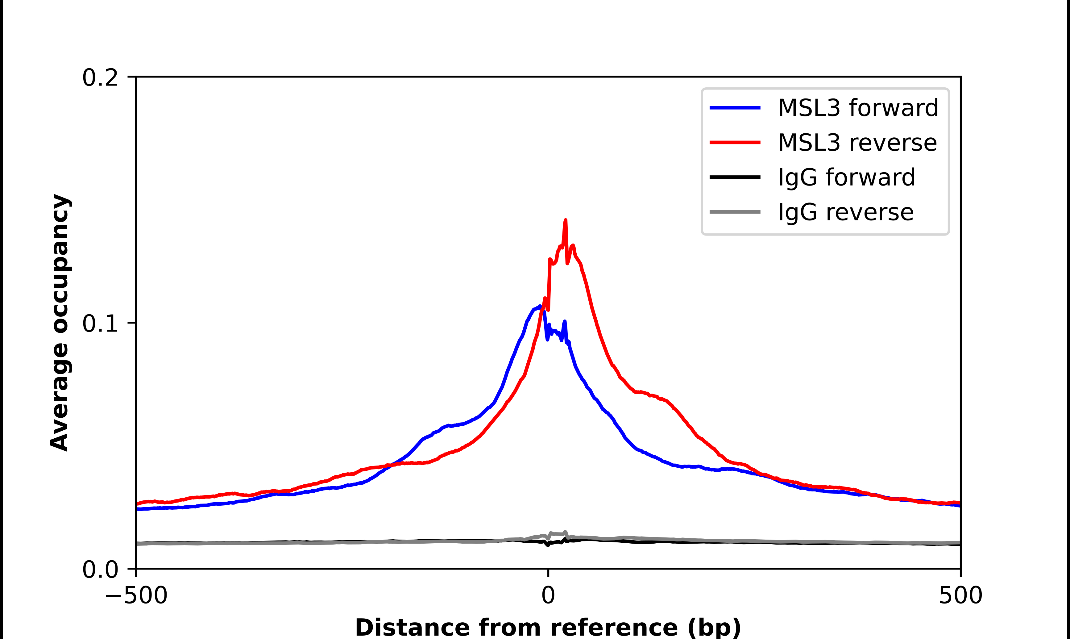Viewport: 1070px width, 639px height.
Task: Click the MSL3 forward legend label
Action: [x=858, y=108]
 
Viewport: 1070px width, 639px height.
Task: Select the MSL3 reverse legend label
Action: [x=857, y=143]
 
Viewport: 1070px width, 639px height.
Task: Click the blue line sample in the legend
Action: [x=735, y=108]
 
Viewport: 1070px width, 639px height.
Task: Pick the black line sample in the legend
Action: [x=735, y=177]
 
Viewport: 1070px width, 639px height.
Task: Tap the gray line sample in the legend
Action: [x=735, y=212]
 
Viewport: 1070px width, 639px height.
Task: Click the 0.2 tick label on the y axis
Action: [x=100, y=78]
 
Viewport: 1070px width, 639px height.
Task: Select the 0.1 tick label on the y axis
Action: [x=100, y=324]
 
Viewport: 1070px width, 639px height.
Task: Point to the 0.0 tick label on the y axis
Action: [x=100, y=570]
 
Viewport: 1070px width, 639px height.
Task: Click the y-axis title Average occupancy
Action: [x=60, y=323]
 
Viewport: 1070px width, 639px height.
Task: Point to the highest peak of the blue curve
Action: [x=540, y=307]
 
